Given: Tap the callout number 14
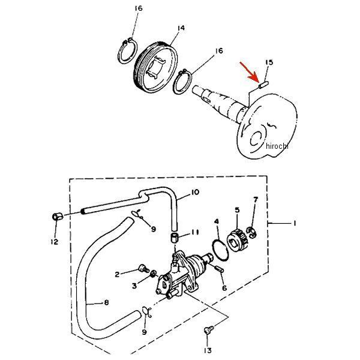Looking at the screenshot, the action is coord(181,28).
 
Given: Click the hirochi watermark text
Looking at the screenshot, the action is coord(277,146).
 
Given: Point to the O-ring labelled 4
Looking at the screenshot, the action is coord(220,250).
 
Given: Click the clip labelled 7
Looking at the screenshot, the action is coord(251,232).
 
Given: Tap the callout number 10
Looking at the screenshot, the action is coord(195,192).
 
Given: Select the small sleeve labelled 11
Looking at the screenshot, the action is coord(175,237).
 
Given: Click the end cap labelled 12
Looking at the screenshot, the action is coord(58,216).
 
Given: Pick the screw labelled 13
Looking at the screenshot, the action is coord(208,330).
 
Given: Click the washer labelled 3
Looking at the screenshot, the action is coord(154,274).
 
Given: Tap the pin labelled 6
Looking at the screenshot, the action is coord(219,269).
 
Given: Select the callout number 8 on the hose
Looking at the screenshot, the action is coord(106,302).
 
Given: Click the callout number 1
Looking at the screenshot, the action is coord(295,223).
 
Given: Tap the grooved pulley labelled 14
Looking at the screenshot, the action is coord(155,68).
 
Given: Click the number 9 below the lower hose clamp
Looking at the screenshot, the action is coord(144,332).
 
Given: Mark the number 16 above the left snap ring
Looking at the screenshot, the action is coord(139,8).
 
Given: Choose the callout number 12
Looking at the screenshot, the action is coord(55,242).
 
